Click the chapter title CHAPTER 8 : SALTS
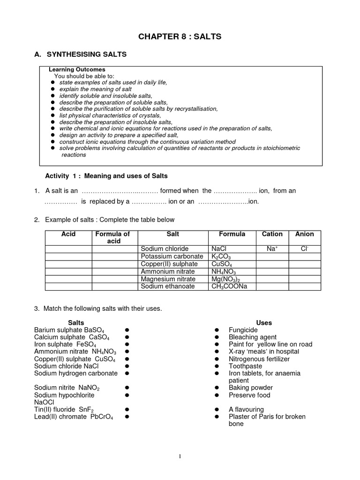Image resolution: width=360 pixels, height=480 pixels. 180,36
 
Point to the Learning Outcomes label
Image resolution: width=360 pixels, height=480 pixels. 77,69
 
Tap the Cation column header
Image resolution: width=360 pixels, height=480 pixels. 272,234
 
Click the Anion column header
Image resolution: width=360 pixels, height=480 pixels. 305,234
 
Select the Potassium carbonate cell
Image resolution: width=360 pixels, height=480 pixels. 172,256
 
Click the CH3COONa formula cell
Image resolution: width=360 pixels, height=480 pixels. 229,286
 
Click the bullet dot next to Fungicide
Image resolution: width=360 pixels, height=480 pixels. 217,330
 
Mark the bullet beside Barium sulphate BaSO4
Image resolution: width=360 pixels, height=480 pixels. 127,330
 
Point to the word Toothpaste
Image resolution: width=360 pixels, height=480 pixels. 245,366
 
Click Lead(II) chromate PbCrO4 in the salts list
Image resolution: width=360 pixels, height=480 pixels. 74,417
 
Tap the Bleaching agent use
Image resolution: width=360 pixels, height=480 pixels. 252,337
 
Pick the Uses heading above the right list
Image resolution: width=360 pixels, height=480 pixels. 264,322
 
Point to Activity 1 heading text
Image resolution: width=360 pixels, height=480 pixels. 106,176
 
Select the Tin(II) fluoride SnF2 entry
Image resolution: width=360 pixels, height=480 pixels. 67,409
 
